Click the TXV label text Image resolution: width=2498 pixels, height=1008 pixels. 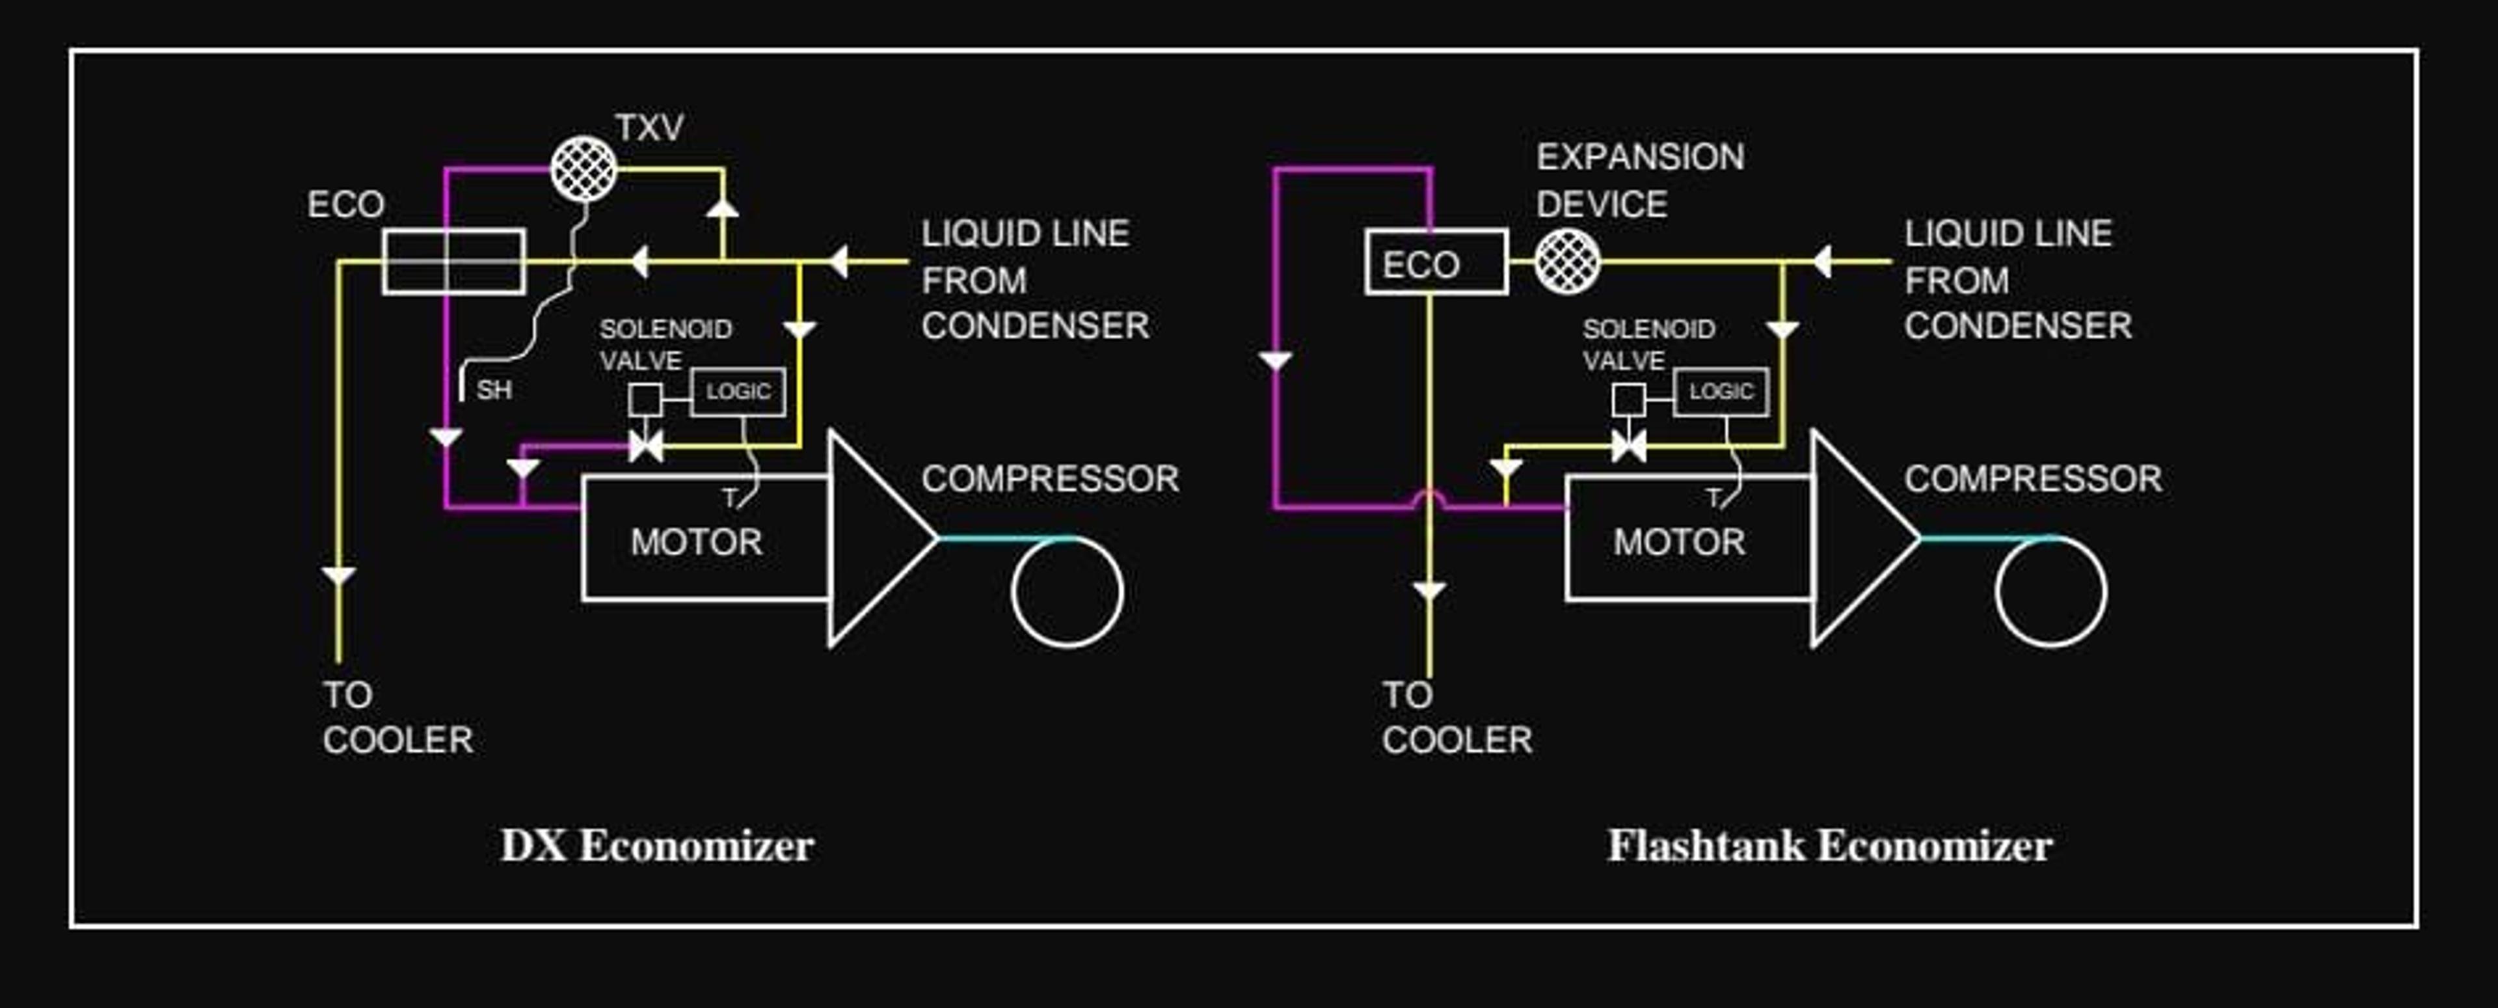click(649, 127)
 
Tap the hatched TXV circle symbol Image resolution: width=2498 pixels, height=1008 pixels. click(584, 169)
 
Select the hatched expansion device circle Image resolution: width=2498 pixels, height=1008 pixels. click(1567, 261)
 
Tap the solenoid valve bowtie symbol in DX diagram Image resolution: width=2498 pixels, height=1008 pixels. click(646, 447)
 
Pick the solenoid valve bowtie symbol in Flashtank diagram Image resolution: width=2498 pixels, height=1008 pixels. click(1629, 447)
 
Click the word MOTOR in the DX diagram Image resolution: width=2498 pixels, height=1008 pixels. click(696, 541)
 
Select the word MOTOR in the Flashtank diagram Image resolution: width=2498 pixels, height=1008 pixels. click(1680, 541)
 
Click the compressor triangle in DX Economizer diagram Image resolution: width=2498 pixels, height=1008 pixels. click(829, 538)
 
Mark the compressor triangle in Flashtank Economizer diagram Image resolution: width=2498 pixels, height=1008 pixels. click(1812, 538)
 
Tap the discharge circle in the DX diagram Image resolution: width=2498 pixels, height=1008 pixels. click(1067, 536)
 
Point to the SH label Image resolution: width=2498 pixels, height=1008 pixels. click(494, 390)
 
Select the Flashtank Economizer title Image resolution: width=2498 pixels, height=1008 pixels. click(1830, 846)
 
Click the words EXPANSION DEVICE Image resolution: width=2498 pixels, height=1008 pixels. click(1640, 180)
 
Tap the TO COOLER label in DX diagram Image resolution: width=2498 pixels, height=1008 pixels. click(397, 718)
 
